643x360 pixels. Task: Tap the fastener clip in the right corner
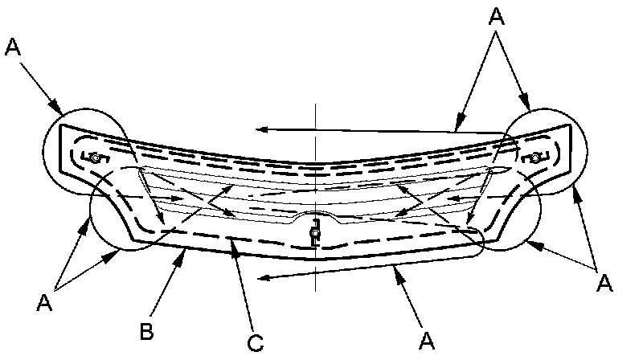535,158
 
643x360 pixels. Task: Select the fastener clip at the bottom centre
316,233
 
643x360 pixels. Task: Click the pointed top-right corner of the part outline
571,125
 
